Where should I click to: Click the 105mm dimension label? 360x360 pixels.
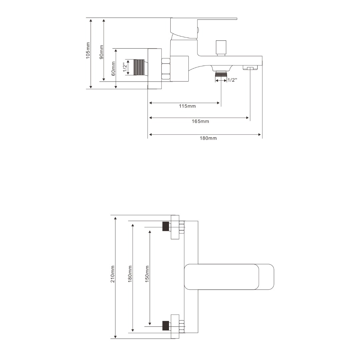(x=88, y=51)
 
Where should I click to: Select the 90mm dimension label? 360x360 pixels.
(x=101, y=52)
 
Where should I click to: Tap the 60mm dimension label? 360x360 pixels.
(x=113, y=68)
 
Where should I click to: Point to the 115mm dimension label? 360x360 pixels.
(x=187, y=106)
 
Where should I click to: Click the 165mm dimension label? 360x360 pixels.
(x=200, y=121)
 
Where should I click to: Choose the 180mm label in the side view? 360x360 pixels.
(x=208, y=138)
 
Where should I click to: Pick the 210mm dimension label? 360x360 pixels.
(x=113, y=274)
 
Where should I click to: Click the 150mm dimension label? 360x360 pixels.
(x=147, y=274)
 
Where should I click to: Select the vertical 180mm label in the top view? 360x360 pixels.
(x=130, y=274)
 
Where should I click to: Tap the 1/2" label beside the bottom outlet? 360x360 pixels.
(x=232, y=80)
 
